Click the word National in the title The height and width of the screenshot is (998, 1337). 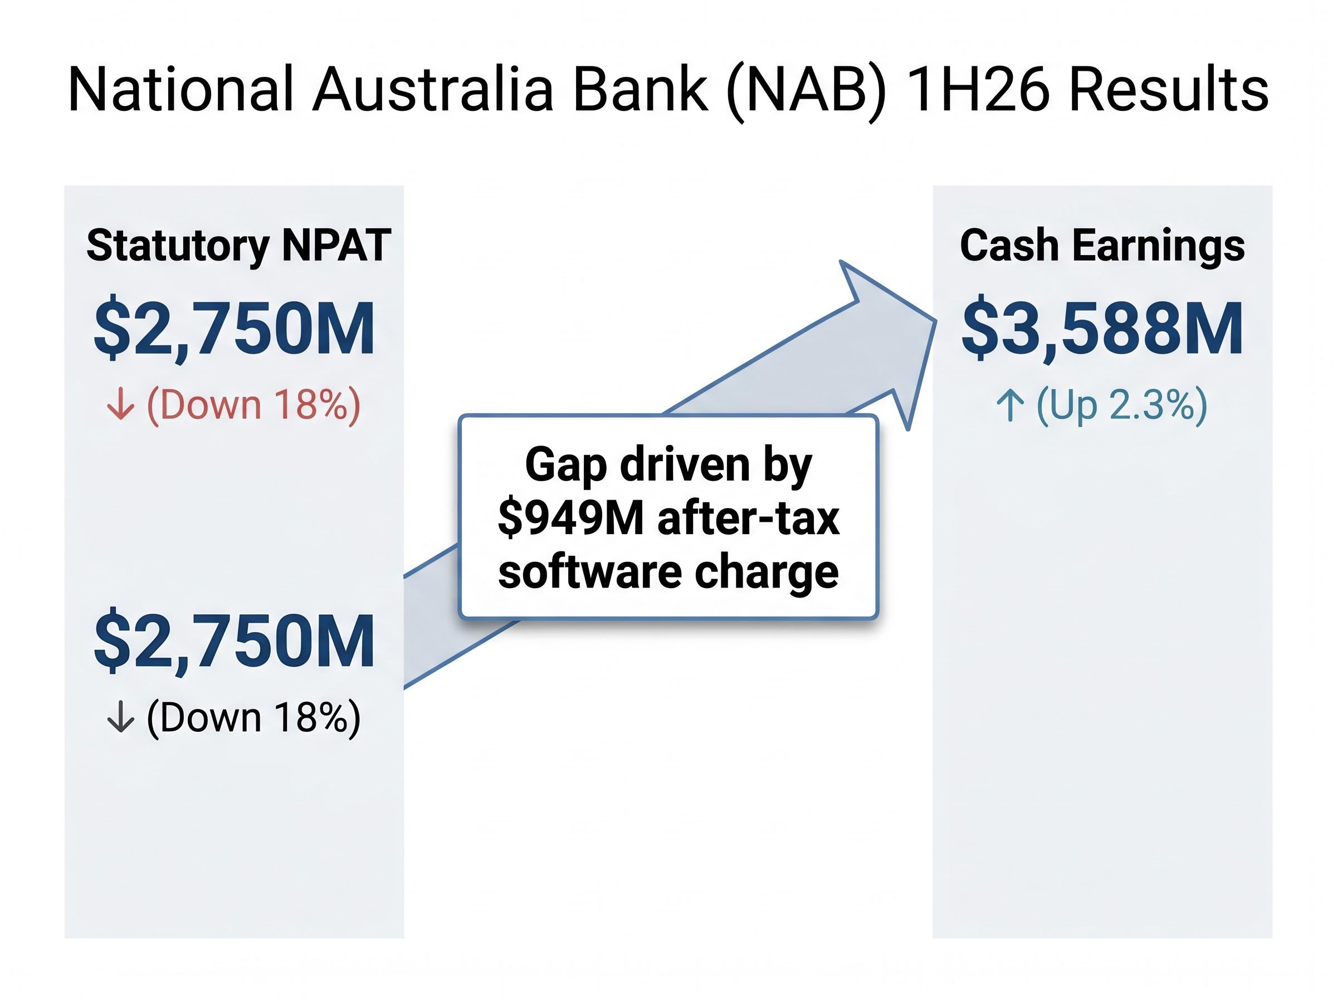pyautogui.click(x=180, y=90)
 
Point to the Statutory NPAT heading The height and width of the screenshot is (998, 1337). pyautogui.click(x=238, y=246)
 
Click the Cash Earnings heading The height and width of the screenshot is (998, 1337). pyautogui.click(x=1102, y=246)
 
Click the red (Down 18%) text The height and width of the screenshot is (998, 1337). pyautogui.click(x=253, y=405)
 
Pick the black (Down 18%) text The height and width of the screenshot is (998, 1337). pyautogui.click(x=253, y=718)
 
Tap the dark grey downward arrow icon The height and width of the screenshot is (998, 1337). pyautogui.click(x=120, y=717)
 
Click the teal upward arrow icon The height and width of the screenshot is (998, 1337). pyautogui.click(x=1009, y=405)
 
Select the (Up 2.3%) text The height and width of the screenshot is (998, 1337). pyautogui.click(x=1121, y=405)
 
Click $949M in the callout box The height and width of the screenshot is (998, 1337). pyautogui.click(x=571, y=518)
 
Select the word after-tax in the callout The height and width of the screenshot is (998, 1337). pyautogui.click(x=749, y=518)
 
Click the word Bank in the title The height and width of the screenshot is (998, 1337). pyautogui.click(x=641, y=90)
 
